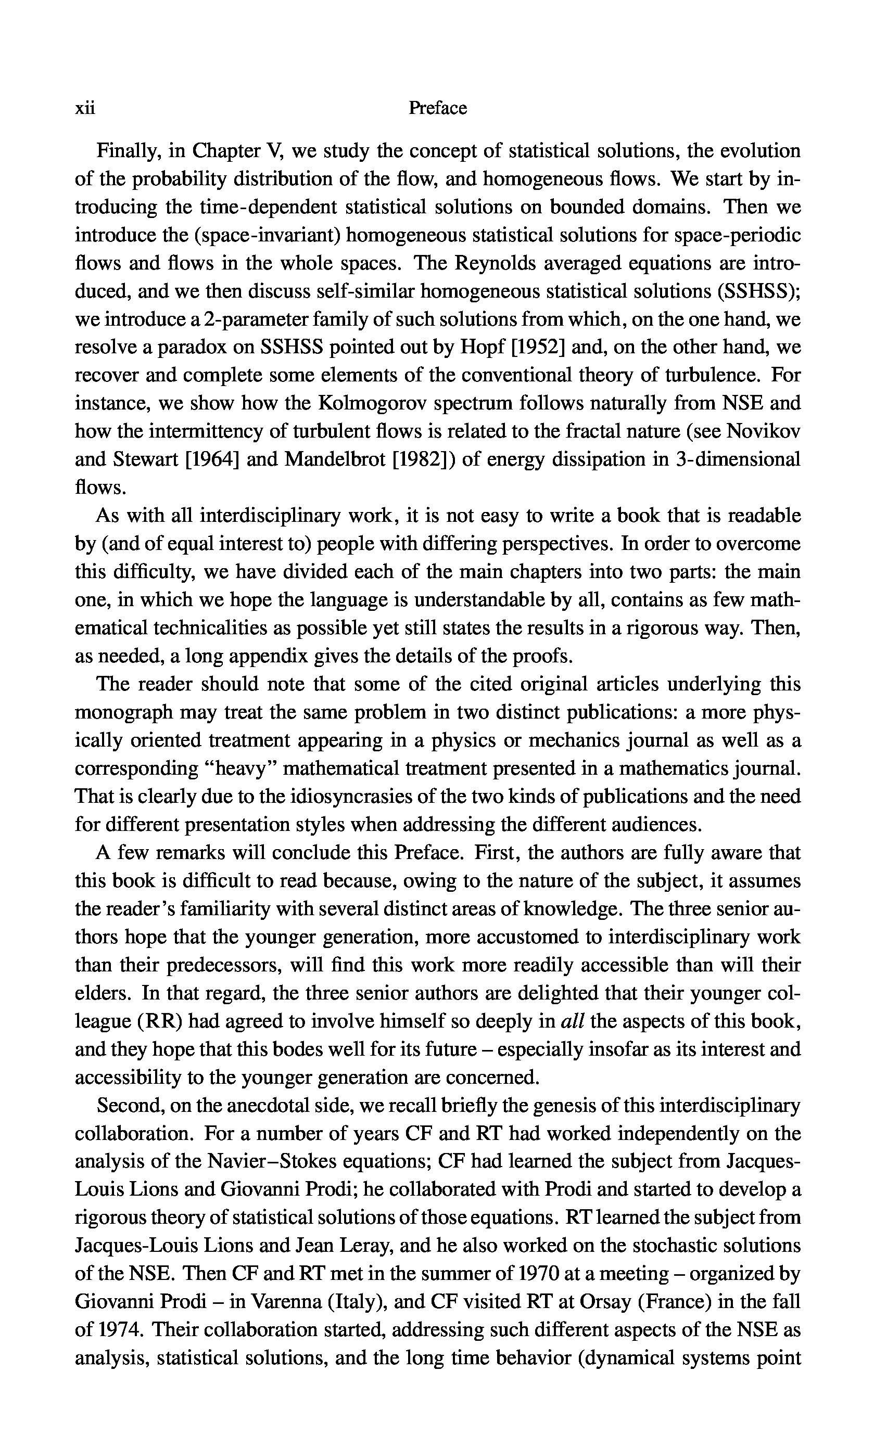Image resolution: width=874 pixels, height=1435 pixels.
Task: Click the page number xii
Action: coord(85,108)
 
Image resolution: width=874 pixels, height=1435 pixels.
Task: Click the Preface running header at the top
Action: coord(438,108)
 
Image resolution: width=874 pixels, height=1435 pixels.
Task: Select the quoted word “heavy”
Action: coord(241,769)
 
